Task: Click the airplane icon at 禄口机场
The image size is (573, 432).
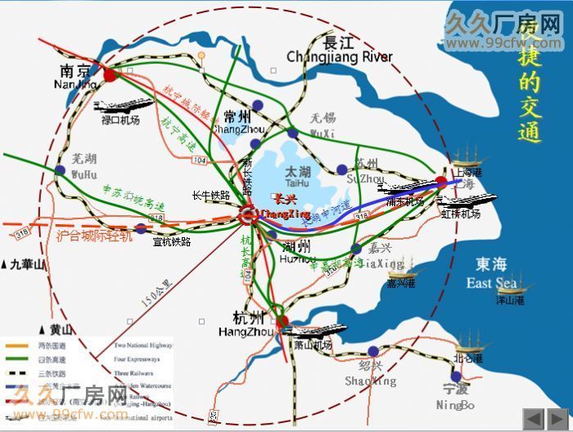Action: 123,106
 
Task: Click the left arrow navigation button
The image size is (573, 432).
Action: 533,416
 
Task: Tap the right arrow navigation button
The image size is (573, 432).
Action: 558,416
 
